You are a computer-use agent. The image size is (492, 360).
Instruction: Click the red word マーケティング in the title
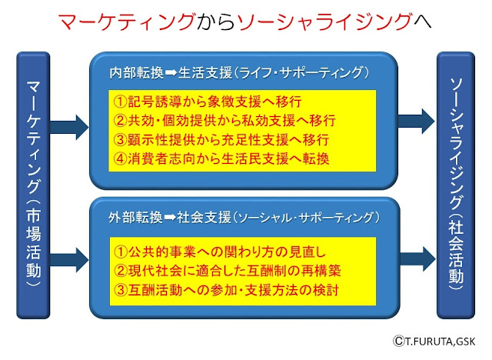(127, 22)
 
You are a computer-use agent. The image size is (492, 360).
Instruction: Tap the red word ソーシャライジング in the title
(324, 22)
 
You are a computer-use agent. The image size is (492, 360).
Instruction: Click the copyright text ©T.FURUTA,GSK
(434, 341)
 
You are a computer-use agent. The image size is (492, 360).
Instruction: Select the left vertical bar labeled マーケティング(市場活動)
(33, 185)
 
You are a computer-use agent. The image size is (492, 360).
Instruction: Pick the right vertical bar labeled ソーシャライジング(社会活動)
(456, 185)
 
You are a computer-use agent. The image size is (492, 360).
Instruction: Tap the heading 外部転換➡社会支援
(170, 217)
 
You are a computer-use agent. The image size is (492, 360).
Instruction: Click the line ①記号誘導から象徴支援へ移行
(208, 102)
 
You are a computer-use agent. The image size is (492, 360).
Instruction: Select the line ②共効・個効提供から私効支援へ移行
(224, 121)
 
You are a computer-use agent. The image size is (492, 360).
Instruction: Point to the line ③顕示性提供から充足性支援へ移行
(221, 140)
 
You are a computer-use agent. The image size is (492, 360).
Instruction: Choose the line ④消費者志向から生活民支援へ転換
(221, 158)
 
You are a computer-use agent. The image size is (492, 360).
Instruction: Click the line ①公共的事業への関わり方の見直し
(220, 252)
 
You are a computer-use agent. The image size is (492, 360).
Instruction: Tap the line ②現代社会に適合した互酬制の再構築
(228, 271)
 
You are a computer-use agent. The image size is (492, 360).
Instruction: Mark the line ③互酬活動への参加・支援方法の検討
(226, 290)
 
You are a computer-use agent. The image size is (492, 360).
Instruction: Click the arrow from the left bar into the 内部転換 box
(69, 127)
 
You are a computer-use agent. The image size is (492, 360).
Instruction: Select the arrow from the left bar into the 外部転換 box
(69, 259)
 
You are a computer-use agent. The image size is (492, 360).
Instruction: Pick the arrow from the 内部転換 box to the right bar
(417, 121)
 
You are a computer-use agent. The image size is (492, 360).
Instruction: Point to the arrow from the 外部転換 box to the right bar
(418, 258)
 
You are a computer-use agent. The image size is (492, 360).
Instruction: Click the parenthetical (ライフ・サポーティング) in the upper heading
(301, 73)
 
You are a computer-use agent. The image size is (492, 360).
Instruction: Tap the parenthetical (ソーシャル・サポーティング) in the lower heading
(306, 218)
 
